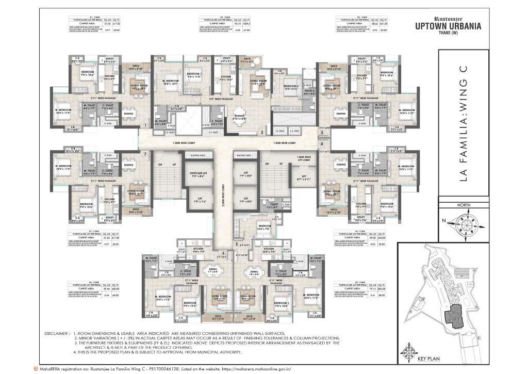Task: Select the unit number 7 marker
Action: pos(146,154)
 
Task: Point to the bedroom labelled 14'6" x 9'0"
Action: pos(265,227)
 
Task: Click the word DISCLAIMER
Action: pos(57,334)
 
